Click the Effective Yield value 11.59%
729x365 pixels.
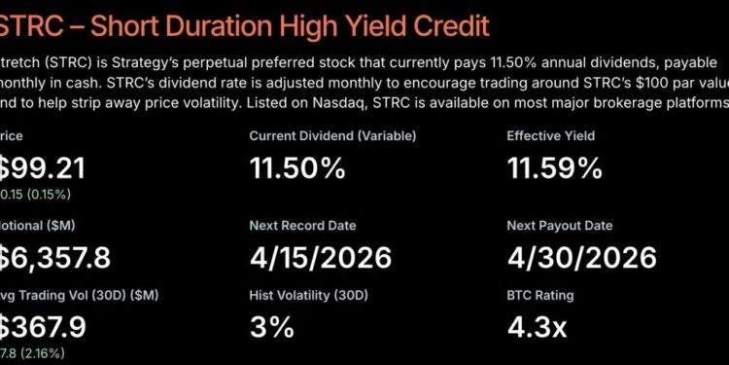tap(555, 168)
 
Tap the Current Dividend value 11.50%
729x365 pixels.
tap(297, 168)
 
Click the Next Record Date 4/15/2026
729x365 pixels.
tap(320, 258)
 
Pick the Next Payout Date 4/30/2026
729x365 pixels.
tap(581, 258)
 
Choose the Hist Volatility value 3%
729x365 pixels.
tap(271, 327)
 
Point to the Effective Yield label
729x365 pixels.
tap(550, 136)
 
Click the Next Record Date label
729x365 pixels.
tap(302, 226)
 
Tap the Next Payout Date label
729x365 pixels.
tap(560, 226)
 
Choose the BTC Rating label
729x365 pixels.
tap(540, 296)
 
